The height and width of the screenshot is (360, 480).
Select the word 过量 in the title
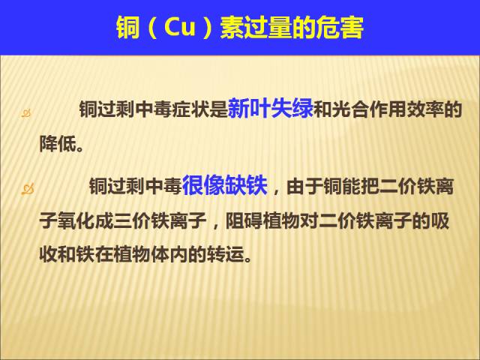[268, 28]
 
